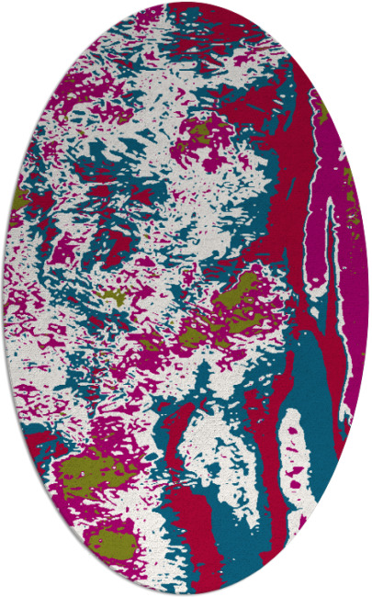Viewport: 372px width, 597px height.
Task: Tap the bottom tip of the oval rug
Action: click(x=186, y=593)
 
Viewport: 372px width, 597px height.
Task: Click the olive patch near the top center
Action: click(x=197, y=136)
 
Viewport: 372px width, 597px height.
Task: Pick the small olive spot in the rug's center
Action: click(x=113, y=296)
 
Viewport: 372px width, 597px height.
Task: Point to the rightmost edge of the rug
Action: click(x=368, y=298)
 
